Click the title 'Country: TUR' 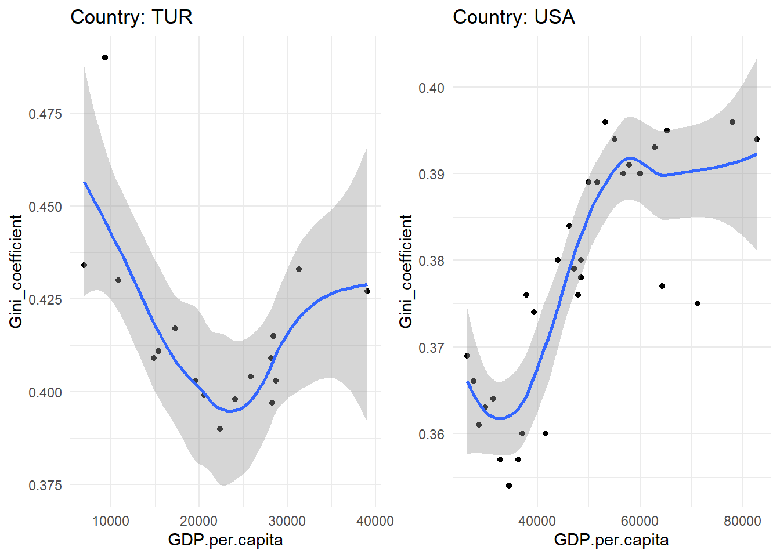coord(131,17)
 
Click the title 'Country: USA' coord(514,17)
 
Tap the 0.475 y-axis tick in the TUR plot coord(45,114)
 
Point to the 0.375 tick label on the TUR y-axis coord(45,485)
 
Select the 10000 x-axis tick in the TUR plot coord(111,520)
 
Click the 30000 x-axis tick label coord(287,520)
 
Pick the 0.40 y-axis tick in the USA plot coord(431,88)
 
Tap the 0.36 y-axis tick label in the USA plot coord(431,434)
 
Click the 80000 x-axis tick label coord(742,520)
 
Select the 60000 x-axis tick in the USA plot coord(640,520)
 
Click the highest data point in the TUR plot coord(105,57)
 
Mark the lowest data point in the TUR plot coord(220,429)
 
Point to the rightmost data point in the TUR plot coord(367,291)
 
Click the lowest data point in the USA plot coord(509,486)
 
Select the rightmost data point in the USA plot coord(757,139)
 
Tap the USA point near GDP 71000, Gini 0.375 coord(698,303)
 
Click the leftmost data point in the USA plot coord(467,356)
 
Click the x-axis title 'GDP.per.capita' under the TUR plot coord(225,540)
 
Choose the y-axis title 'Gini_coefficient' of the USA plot coord(406,271)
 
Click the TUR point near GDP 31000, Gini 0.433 coord(299,269)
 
